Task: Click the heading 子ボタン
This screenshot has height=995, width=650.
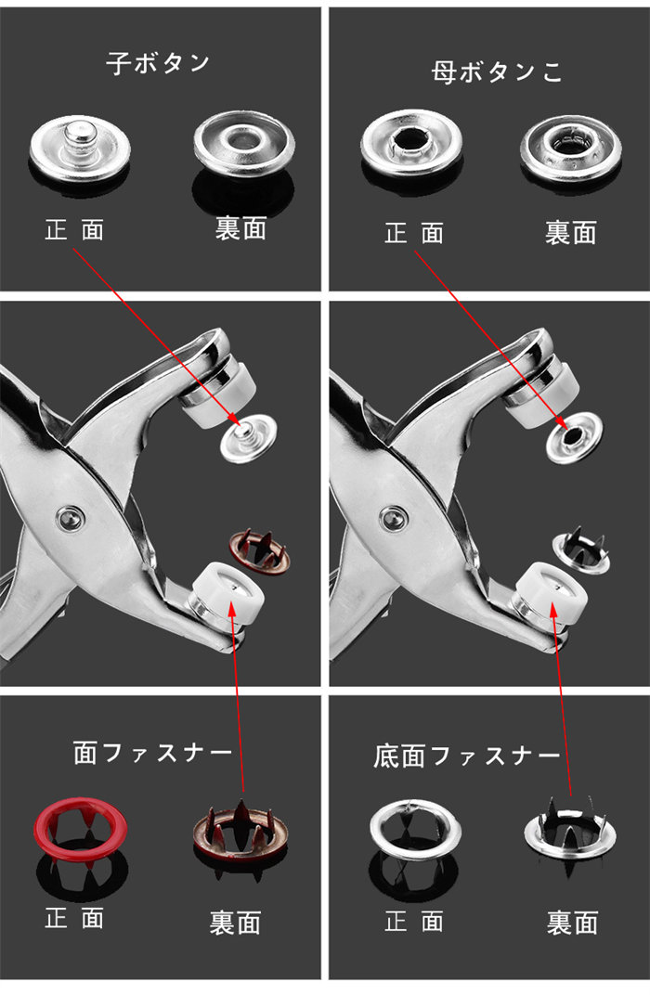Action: pyautogui.click(x=158, y=63)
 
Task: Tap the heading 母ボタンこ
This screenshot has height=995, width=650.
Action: pyautogui.click(x=497, y=71)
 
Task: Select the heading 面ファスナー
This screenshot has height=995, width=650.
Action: pyautogui.click(x=153, y=753)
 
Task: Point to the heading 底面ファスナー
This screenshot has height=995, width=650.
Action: pyautogui.click(x=466, y=756)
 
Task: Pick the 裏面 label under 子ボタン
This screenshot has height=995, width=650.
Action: pyautogui.click(x=240, y=228)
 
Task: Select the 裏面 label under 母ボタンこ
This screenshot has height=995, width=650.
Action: pyautogui.click(x=571, y=233)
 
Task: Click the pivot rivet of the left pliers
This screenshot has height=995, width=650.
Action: pyautogui.click(x=70, y=519)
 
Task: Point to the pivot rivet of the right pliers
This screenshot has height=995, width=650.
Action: pyautogui.click(x=394, y=519)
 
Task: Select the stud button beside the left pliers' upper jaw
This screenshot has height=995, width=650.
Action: pyautogui.click(x=248, y=438)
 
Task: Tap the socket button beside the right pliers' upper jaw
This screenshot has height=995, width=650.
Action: pyautogui.click(x=574, y=437)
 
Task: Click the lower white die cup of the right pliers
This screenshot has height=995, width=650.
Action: pyautogui.click(x=551, y=592)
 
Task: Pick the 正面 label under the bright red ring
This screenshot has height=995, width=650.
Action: pyautogui.click(x=74, y=918)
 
